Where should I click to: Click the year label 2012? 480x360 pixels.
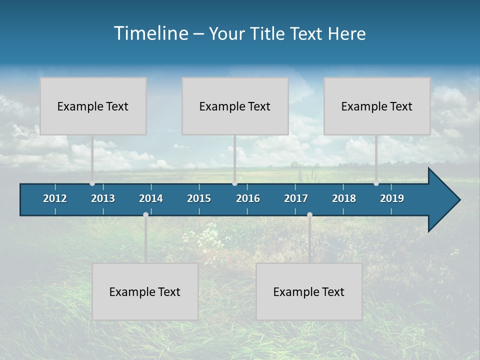click(55, 198)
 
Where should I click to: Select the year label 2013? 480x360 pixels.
click(103, 198)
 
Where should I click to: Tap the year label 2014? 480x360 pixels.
click(151, 198)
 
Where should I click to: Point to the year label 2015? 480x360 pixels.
click(199, 198)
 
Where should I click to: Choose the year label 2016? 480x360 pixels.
click(248, 198)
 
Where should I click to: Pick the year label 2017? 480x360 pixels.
click(296, 198)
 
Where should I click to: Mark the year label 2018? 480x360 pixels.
click(344, 198)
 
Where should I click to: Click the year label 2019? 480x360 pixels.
click(392, 198)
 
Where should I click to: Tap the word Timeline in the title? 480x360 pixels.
click(150, 33)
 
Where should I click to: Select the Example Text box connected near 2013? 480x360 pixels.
click(93, 106)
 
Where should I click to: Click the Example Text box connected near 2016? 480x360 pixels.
click(235, 106)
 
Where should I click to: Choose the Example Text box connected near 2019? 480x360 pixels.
click(377, 106)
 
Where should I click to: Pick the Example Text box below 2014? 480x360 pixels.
click(145, 291)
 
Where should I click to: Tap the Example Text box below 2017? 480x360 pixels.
click(309, 291)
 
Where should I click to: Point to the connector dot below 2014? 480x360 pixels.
click(145, 214)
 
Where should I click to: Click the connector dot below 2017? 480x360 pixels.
click(309, 214)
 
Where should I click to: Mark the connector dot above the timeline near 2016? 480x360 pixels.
click(234, 183)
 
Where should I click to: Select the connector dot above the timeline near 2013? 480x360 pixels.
click(92, 183)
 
